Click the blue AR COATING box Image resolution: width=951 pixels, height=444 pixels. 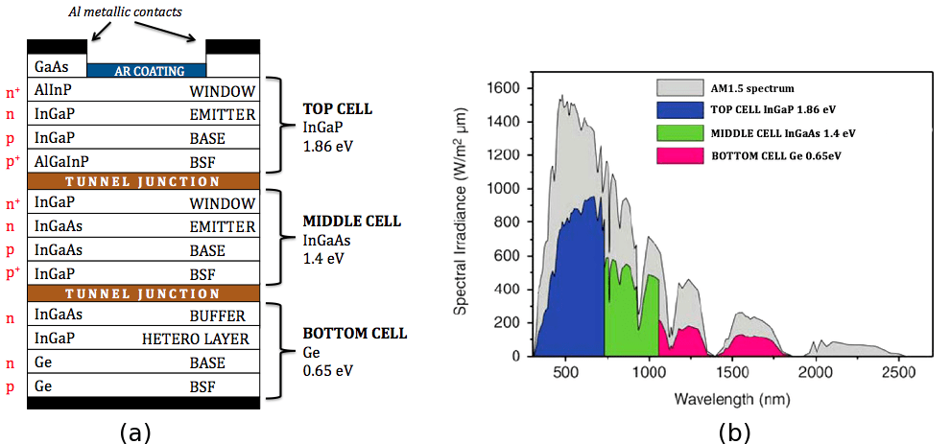click(x=147, y=70)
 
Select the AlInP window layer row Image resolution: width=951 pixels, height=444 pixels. click(x=145, y=91)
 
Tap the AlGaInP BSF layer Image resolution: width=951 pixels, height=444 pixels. click(x=145, y=160)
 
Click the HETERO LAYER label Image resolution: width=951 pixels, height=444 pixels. click(x=196, y=339)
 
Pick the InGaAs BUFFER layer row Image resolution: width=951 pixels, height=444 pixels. click(x=145, y=315)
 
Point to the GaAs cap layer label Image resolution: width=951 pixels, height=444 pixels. click(x=50, y=67)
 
